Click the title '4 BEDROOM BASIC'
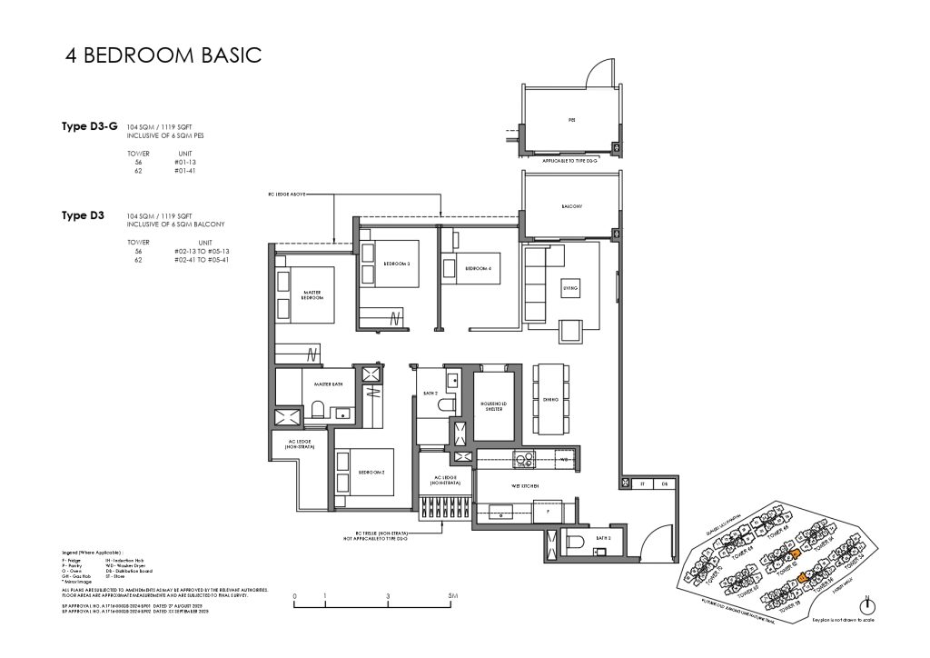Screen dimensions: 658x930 164,55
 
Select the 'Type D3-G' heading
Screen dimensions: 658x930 87,128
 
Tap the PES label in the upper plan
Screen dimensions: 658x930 571,120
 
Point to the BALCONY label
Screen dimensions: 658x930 571,206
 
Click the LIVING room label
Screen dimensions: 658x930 572,287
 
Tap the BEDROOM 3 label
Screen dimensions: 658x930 397,264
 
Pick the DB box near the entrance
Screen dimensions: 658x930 664,484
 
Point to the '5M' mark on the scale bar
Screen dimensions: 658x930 451,598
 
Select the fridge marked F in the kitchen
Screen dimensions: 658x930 548,512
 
